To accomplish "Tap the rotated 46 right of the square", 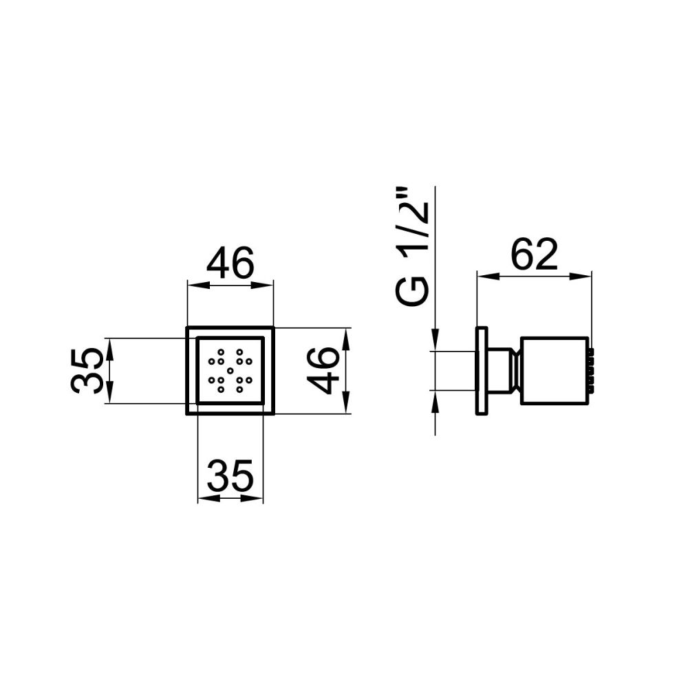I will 323,370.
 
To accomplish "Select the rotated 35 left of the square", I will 87,370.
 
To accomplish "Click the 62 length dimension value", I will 534,255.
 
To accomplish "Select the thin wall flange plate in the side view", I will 482,371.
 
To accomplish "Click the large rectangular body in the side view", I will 554,371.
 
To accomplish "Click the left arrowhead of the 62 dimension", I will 483,277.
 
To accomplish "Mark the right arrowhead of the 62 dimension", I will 586,277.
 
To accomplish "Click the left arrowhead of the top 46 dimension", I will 193,284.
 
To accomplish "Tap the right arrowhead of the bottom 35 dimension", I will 258,497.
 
